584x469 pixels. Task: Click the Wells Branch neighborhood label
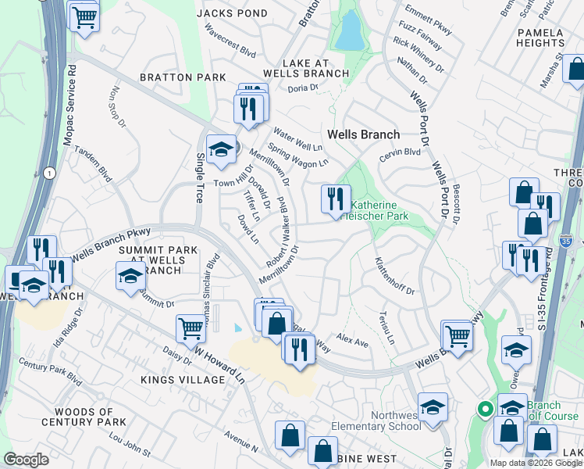363,134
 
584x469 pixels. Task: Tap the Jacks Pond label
232,13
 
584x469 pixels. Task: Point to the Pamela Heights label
540,38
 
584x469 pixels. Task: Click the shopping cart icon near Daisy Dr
191,328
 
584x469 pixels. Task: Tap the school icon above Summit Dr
130,275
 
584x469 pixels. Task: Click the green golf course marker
484,409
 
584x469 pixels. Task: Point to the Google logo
26,460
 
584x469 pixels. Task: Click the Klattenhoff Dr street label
393,276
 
